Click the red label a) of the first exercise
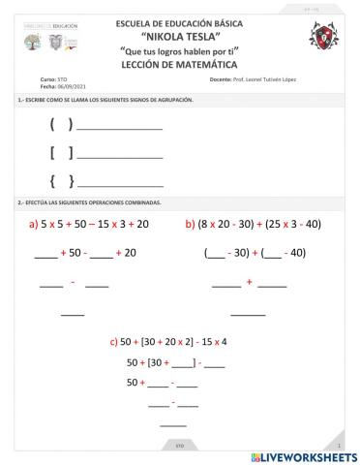(x=34, y=224)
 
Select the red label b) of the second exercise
(x=190, y=224)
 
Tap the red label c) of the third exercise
(x=113, y=342)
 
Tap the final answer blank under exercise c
(x=173, y=425)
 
